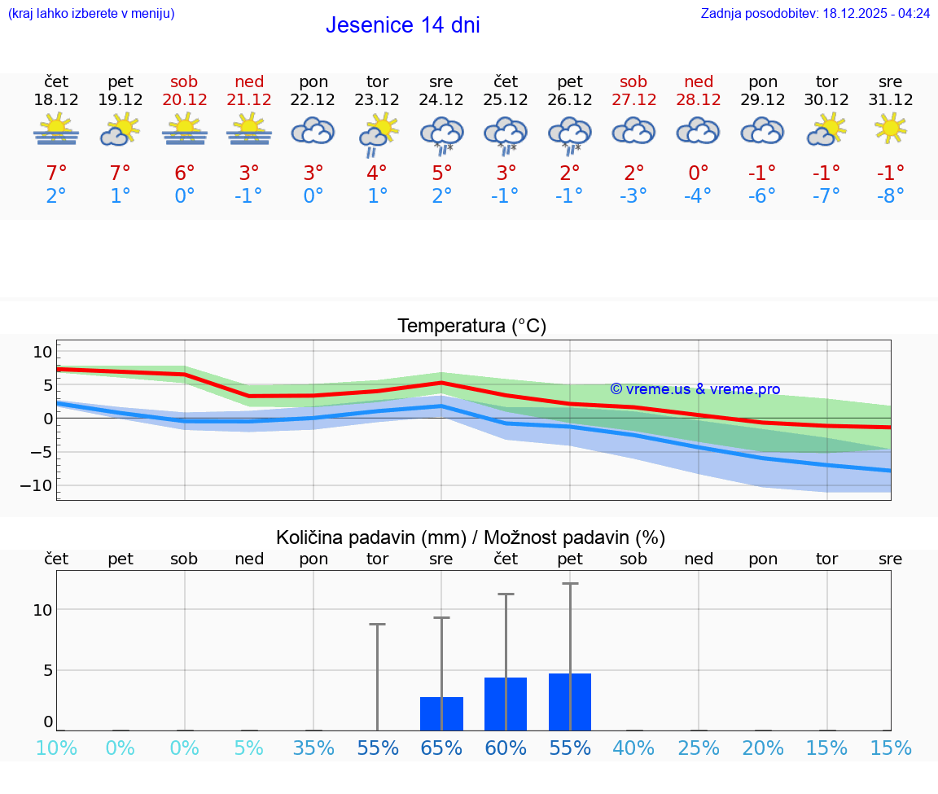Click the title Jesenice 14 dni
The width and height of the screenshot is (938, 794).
pos(402,25)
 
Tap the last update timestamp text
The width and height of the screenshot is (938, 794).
pos(815,13)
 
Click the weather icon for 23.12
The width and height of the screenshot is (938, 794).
pos(378,134)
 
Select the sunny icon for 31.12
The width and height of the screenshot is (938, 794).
pos(890,129)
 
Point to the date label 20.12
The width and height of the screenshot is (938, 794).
pos(185,99)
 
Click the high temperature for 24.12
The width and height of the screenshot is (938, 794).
pos(441,173)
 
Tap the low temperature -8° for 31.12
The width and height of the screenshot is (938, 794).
pos(890,195)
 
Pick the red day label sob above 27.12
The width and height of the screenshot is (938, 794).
pos(633,81)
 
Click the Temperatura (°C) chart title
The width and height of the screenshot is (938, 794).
pos(471,326)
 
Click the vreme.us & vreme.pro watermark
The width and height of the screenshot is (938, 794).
pos(695,389)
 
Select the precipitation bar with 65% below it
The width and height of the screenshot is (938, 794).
pos(441,714)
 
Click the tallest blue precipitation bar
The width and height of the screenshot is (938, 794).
pos(570,702)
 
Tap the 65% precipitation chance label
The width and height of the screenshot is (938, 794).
pos(441,748)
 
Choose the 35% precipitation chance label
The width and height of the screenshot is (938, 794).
pos(313,748)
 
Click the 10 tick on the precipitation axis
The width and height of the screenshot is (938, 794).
pos(42,610)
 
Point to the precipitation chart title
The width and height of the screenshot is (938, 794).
pos(471,537)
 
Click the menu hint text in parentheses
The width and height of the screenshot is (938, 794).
pos(90,13)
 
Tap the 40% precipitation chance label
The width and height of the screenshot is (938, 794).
pos(633,748)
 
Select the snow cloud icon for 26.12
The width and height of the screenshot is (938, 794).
pos(570,134)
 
